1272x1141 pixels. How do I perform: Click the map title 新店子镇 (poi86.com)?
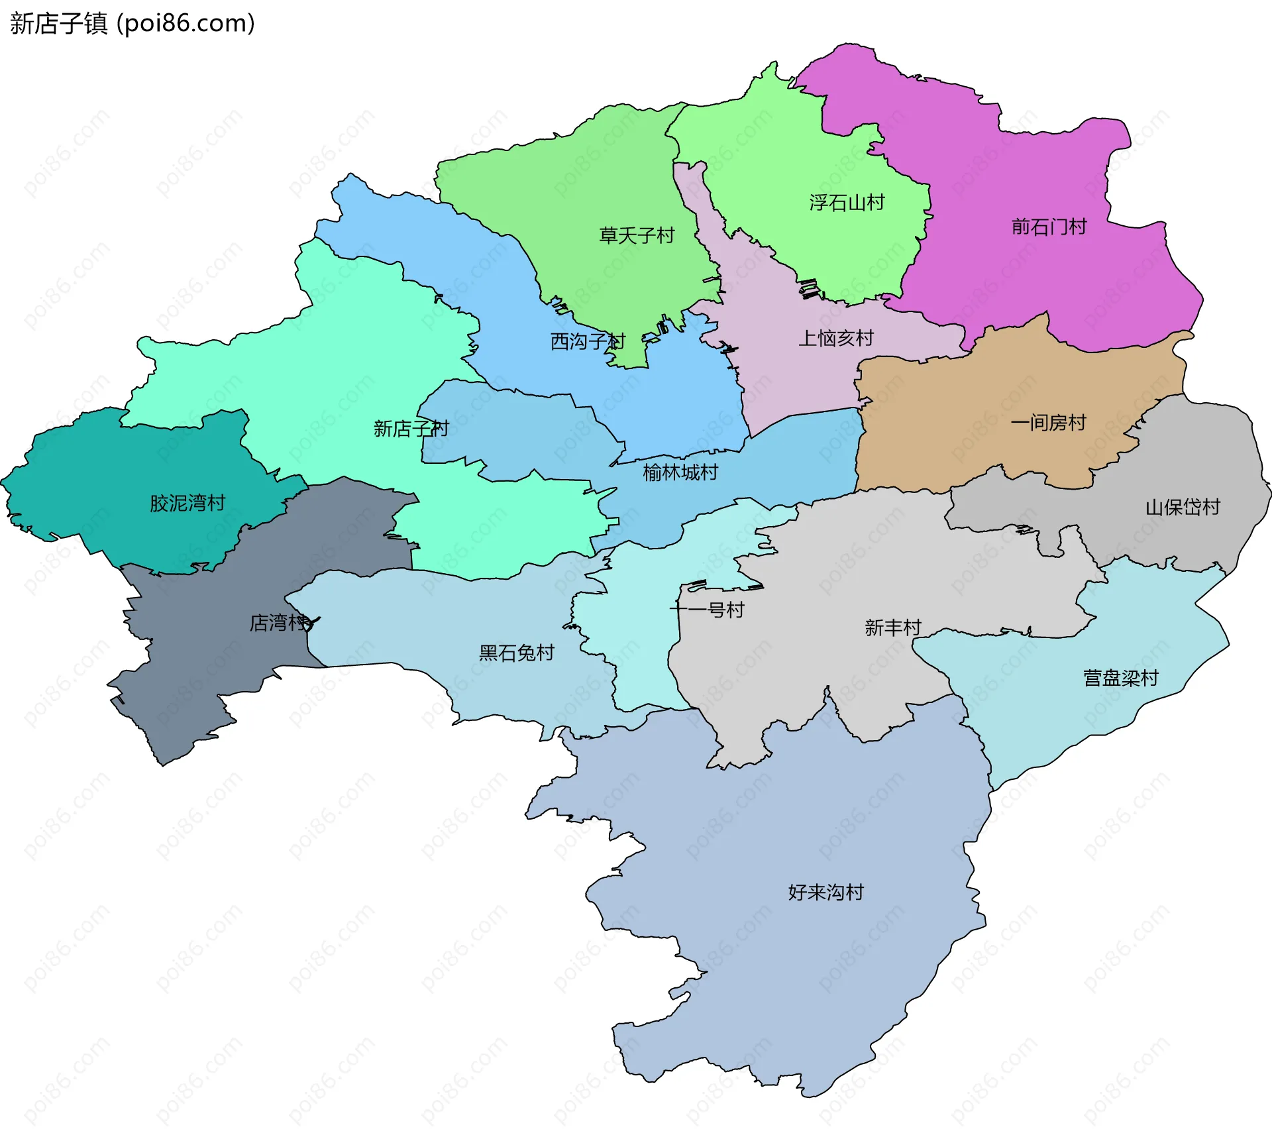coord(132,23)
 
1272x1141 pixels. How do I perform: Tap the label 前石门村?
coord(1049,227)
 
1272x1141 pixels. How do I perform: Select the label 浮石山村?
coord(847,203)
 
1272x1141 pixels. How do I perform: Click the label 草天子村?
coord(636,235)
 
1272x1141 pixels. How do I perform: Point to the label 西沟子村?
coord(588,342)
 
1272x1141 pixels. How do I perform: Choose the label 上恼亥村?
coord(835,339)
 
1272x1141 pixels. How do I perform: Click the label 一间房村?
coord(1048,423)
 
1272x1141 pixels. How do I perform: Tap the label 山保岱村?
coord(1183,508)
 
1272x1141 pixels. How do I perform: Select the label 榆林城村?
coord(680,473)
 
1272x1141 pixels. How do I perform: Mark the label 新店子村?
coord(411,429)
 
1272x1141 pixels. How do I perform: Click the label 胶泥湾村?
coord(187,504)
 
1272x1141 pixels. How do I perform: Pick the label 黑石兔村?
coord(516,653)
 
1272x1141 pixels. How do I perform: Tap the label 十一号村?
coord(707,610)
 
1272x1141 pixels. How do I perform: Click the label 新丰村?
coord(892,627)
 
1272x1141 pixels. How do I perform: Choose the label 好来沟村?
coord(825,893)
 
